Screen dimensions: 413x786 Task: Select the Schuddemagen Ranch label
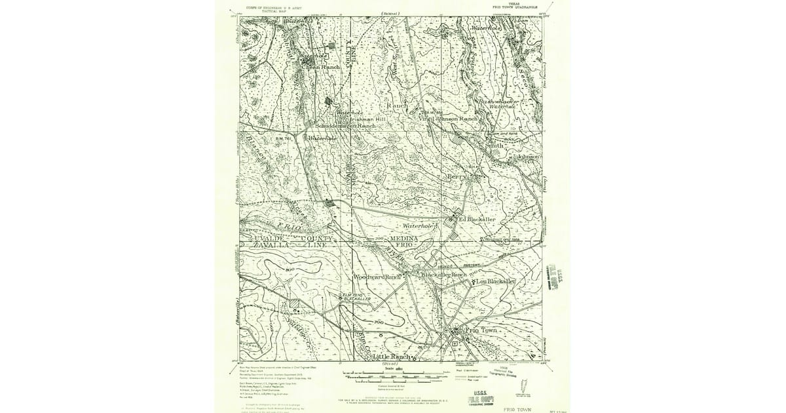(x=346, y=126)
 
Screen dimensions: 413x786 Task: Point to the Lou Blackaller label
(x=496, y=281)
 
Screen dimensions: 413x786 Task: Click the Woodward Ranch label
(x=377, y=277)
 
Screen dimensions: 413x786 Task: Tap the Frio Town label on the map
(x=481, y=331)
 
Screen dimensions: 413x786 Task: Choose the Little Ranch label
(x=391, y=357)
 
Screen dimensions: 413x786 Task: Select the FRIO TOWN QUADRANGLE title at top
(x=512, y=8)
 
